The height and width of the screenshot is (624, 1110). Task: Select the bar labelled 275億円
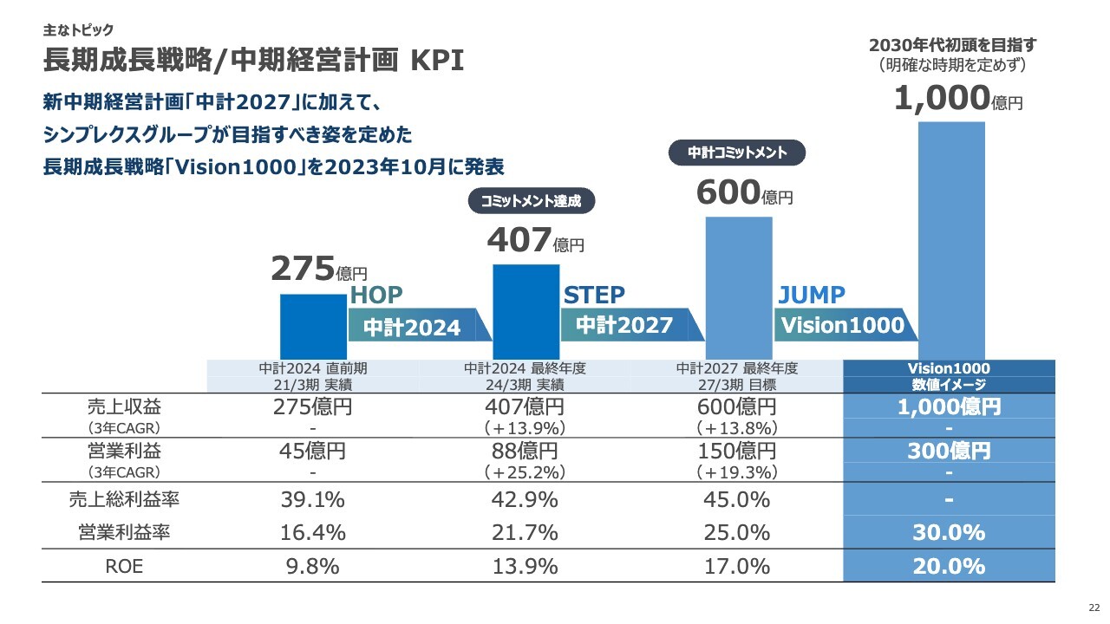(313, 326)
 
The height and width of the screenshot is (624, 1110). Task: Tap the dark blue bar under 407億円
(526, 310)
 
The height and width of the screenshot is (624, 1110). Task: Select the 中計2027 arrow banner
(628, 325)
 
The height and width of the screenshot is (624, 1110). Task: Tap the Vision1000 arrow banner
(842, 325)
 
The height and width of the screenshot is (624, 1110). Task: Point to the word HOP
(376, 295)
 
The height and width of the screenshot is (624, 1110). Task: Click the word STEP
(594, 295)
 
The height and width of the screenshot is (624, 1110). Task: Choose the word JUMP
(811, 295)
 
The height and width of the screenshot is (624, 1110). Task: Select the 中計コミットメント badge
(737, 153)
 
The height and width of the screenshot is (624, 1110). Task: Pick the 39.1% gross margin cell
(313, 500)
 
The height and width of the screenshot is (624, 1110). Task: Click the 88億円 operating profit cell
(526, 452)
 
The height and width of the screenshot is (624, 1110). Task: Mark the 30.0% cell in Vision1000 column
(949, 533)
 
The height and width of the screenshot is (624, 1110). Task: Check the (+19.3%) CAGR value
(738, 472)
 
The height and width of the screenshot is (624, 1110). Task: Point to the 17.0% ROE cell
(738, 567)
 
